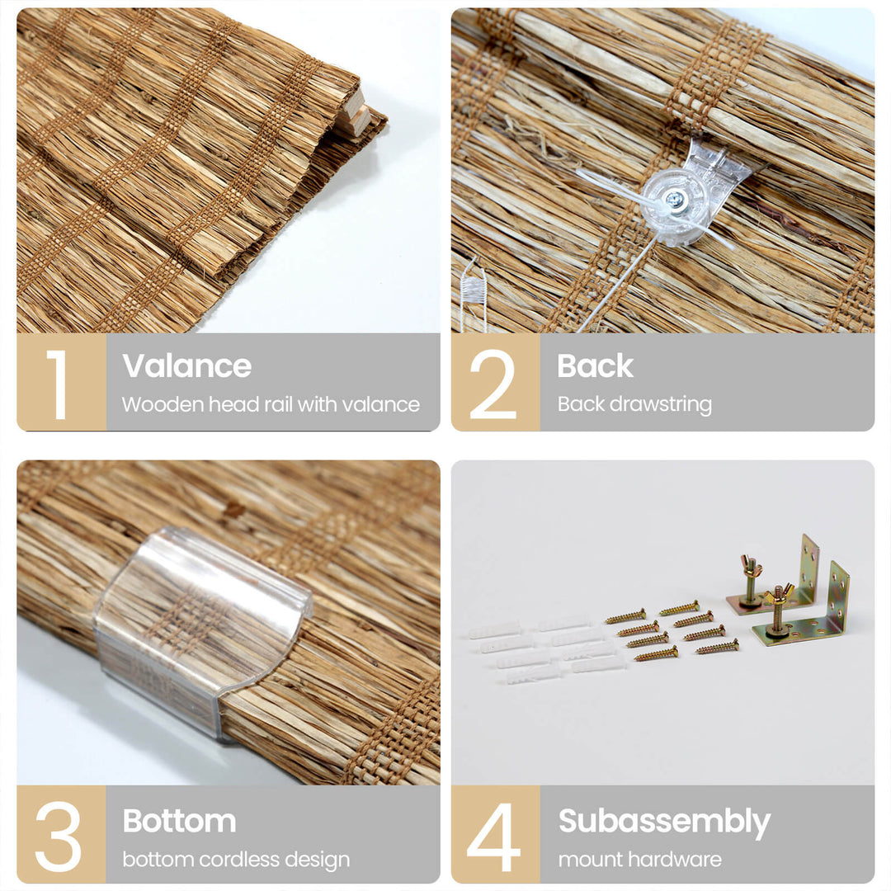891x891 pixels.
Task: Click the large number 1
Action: pos(58,384)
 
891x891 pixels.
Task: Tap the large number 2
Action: pos(493,384)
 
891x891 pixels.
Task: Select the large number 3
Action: pos(58,837)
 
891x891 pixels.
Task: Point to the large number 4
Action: pos(493,837)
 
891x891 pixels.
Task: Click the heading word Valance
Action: pos(186,365)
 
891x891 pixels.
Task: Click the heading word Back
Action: pos(595,365)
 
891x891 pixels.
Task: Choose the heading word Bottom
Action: pos(179,821)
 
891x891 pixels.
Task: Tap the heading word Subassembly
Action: pos(664,822)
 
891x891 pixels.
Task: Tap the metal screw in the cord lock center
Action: pos(675,200)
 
